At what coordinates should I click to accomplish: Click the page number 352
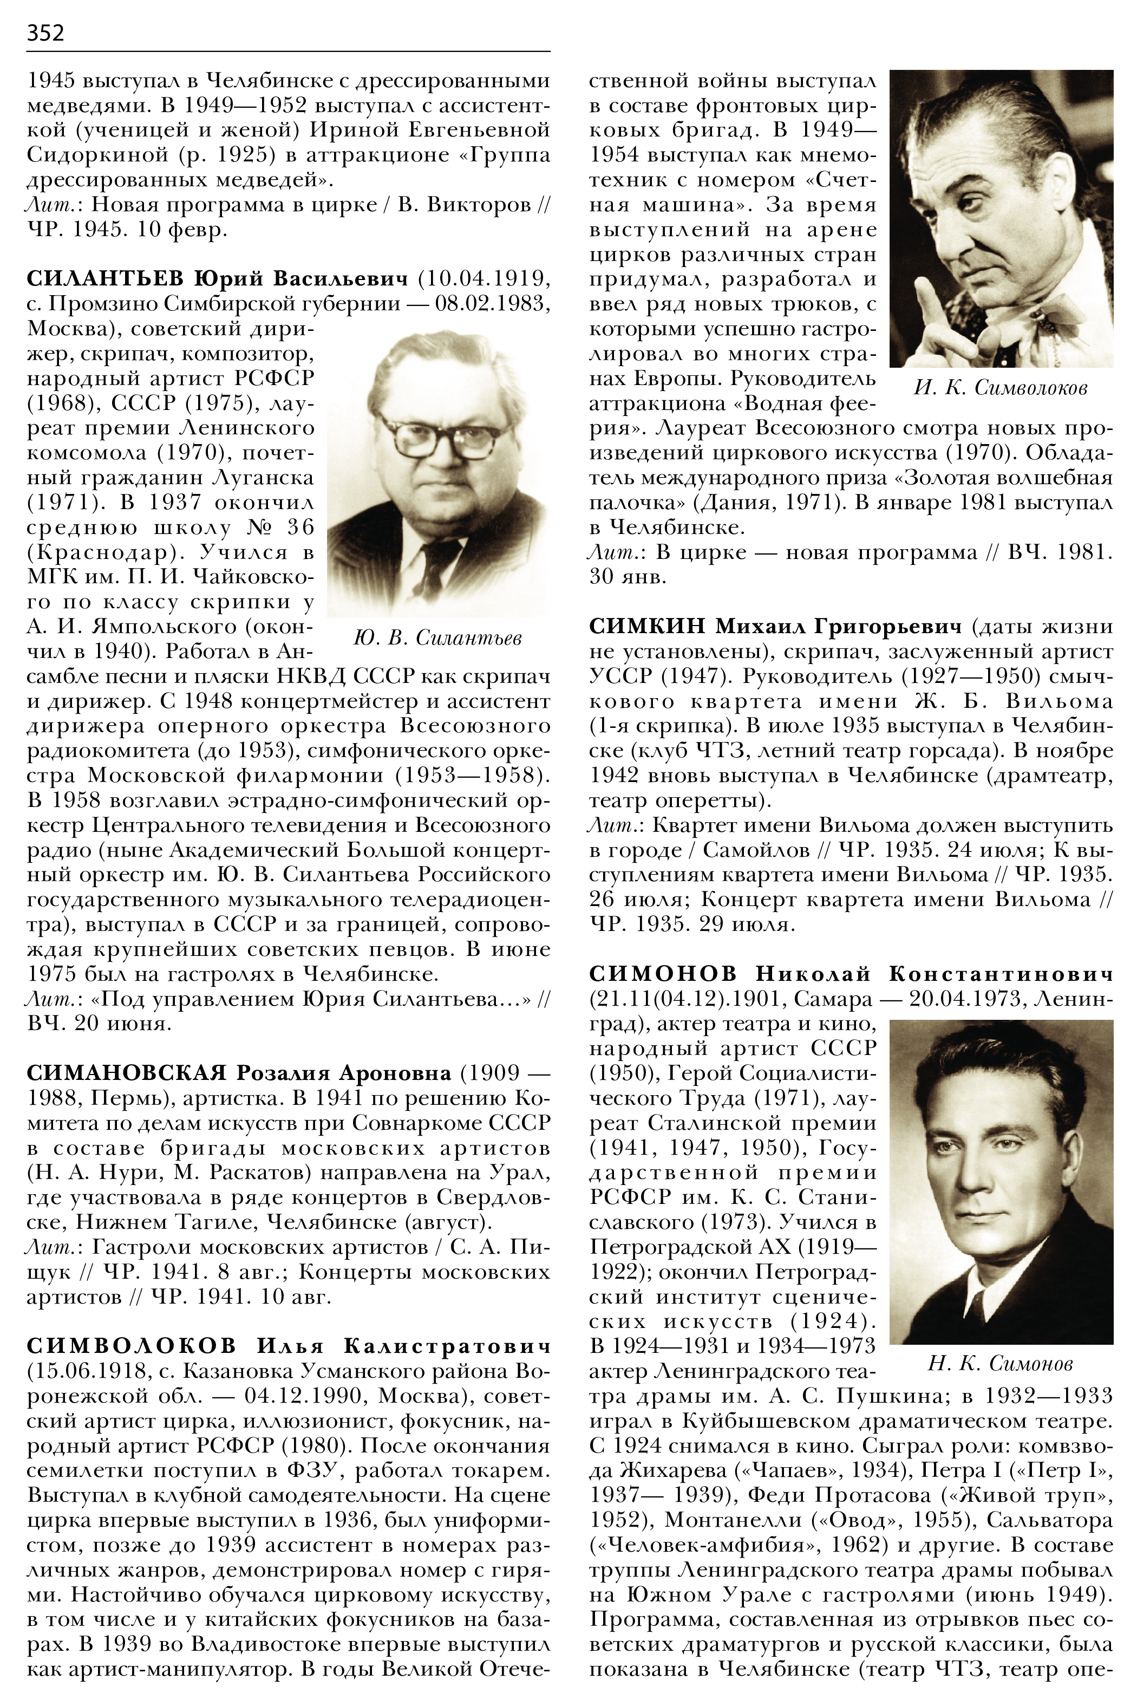[x=45, y=32]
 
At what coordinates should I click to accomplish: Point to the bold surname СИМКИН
[x=648, y=626]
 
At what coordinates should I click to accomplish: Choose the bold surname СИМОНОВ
[x=663, y=973]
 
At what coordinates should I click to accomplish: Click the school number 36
[x=296, y=528]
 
